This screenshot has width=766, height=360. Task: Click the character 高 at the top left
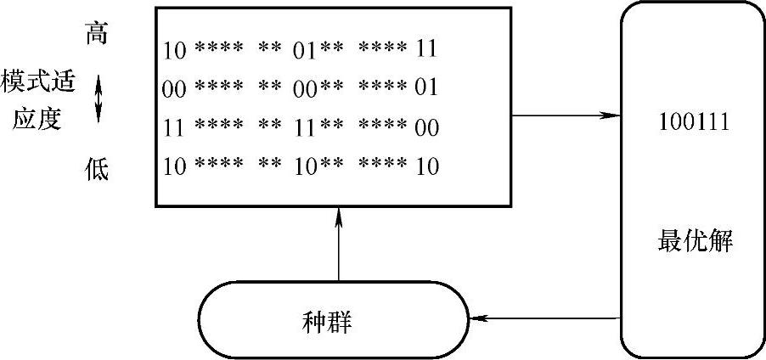pos(97,35)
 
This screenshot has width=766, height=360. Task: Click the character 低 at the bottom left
pos(97,169)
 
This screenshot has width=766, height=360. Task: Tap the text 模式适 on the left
pos(38,83)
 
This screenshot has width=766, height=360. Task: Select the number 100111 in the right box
pos(694,122)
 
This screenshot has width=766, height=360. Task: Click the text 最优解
pos(695,242)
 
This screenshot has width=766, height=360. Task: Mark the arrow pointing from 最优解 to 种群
pos(544,320)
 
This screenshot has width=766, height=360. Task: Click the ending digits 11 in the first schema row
pos(426,48)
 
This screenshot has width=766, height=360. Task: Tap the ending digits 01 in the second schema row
pos(426,88)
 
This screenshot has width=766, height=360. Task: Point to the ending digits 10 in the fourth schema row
pos(426,167)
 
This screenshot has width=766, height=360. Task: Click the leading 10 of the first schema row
pos(175,48)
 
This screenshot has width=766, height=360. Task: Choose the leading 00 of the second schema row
pos(175,88)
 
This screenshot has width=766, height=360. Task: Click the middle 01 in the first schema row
pos(305,48)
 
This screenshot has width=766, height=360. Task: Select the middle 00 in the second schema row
pos(305,88)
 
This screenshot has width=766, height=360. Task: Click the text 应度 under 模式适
pos(38,118)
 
